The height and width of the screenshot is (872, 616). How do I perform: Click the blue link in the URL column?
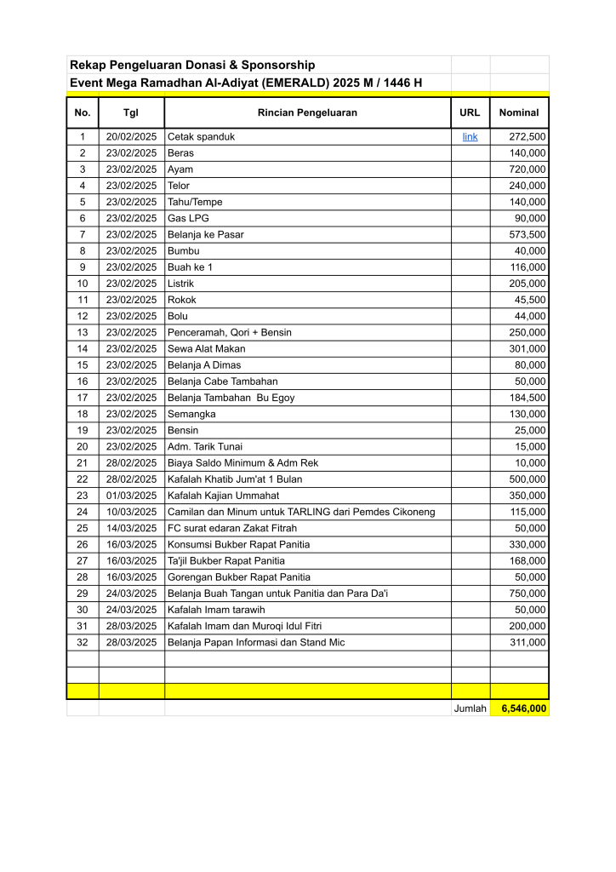470,136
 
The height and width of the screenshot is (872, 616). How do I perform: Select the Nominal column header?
519,112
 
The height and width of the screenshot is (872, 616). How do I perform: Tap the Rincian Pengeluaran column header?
307,112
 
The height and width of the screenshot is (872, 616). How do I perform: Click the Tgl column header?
131,112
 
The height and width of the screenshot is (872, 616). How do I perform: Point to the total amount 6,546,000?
523,708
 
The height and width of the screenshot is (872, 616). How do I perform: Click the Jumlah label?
470,708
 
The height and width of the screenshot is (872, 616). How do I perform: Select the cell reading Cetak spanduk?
201,136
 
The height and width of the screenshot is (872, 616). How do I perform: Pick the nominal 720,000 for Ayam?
528,169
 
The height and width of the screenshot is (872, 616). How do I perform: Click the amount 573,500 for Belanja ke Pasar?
528,234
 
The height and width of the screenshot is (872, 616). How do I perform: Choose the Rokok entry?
181,300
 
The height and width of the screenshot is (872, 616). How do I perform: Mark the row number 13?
83,332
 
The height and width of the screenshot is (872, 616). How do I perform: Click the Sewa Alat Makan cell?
207,348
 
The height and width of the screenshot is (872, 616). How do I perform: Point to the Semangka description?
191,414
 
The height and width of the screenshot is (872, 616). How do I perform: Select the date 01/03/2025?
131,495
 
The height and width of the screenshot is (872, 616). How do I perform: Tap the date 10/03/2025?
131,511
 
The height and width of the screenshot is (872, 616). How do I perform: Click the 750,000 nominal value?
528,593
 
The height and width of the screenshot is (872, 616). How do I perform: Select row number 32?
83,642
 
